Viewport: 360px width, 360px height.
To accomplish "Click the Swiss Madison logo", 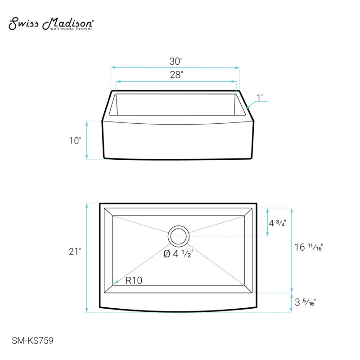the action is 51,23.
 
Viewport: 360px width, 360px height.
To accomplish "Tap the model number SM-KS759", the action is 32,341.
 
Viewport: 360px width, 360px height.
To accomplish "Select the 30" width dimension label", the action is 176,61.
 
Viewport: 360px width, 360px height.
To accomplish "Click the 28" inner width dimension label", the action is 176,75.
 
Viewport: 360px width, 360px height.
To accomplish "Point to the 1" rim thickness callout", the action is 260,97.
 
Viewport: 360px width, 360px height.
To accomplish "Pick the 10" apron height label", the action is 75,140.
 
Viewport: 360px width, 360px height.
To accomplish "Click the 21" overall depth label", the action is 75,252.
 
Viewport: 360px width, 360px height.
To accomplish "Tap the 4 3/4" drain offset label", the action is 277,223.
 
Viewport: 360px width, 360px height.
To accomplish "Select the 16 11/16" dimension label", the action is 309,247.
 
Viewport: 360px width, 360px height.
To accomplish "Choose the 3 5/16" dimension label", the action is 305,302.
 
